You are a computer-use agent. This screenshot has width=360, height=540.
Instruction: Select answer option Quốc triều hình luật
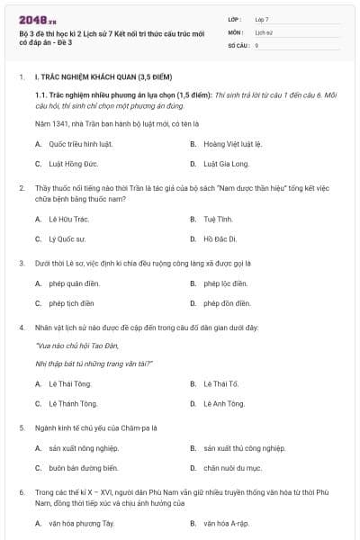(80, 144)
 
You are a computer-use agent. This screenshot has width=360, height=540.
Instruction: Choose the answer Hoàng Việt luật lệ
(232, 144)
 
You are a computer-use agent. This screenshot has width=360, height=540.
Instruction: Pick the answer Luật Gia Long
(225, 164)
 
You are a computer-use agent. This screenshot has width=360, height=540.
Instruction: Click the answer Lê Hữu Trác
(68, 219)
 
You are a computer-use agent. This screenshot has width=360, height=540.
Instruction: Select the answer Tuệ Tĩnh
(219, 219)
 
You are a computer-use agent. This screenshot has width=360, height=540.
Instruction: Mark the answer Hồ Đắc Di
(220, 238)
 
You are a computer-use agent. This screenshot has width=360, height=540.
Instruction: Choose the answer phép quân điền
(72, 283)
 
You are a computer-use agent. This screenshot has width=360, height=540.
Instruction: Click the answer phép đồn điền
(227, 303)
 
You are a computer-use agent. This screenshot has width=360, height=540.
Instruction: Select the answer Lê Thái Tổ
(221, 383)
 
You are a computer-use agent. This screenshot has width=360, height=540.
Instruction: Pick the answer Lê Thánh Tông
(73, 403)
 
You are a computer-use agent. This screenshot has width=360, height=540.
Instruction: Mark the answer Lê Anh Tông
(224, 403)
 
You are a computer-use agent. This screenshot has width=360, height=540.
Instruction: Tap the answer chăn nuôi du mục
(233, 468)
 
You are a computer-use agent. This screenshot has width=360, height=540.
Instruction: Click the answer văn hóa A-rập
(227, 523)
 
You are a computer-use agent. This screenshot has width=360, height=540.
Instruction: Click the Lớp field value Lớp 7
(262, 19)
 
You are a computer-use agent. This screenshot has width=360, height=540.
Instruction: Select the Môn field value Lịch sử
(264, 31)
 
